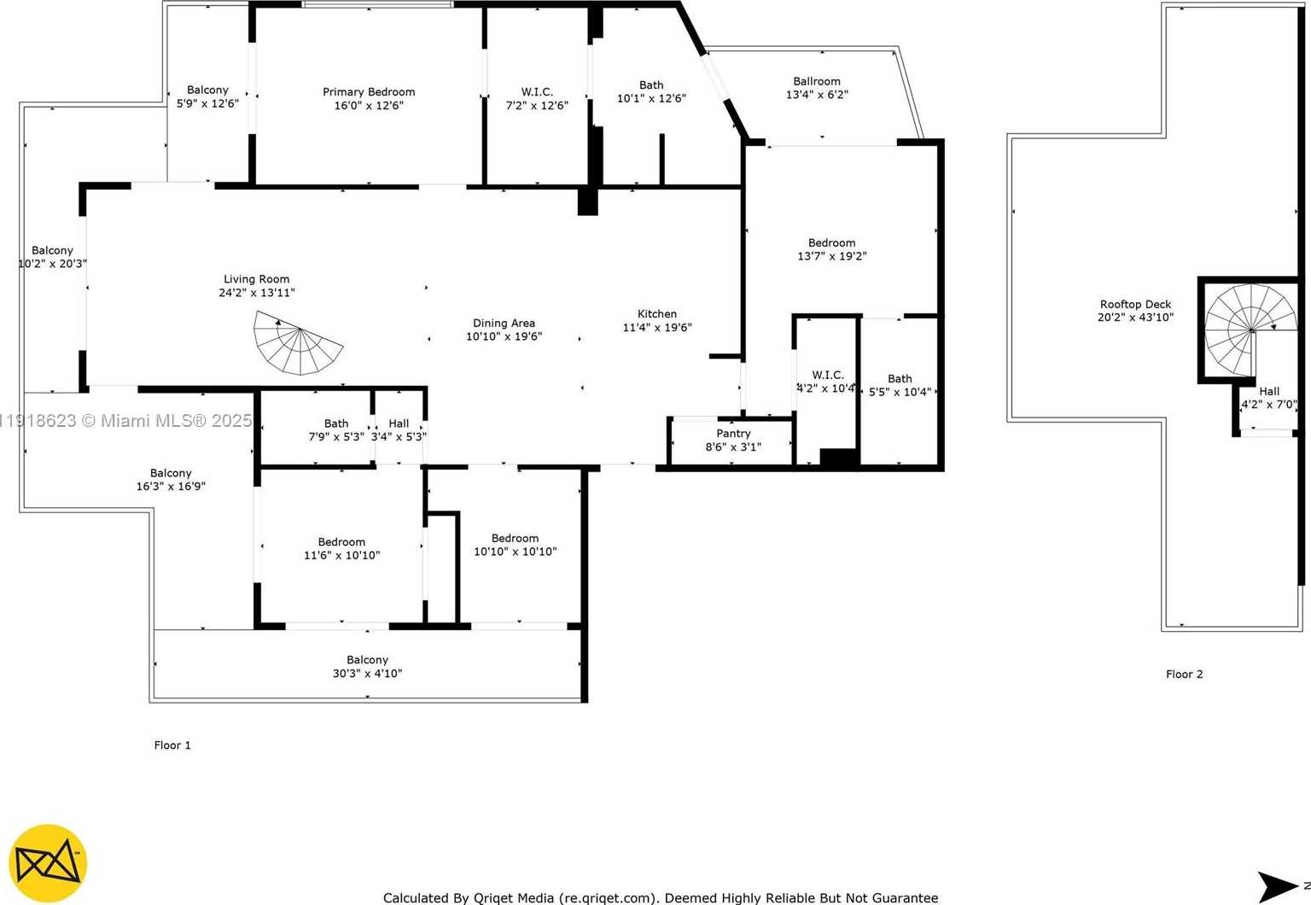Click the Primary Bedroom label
coord(369,92)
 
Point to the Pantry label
coord(733,434)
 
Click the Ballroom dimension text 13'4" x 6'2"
coord(817,95)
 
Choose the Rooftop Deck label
coord(1135,305)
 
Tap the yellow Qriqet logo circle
coord(48,864)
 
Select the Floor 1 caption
coord(172,745)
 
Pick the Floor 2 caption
coord(1184,674)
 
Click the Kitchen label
coord(657,314)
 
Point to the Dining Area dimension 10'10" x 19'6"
coord(504,336)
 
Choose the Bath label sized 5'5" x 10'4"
coord(900,379)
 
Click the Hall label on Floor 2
coord(1269,392)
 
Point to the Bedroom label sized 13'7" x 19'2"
coord(831,243)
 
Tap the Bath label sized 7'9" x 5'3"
coord(336,423)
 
